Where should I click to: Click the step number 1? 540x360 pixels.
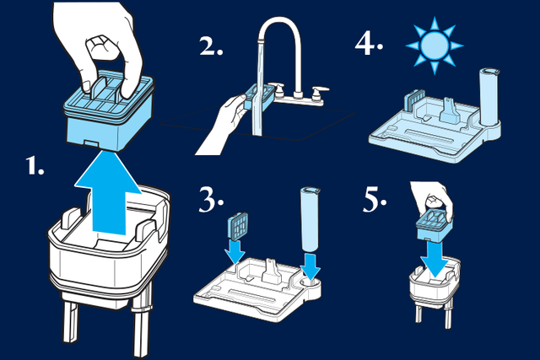(x=35, y=165)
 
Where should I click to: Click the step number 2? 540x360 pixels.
(x=211, y=46)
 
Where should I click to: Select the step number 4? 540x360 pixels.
(x=369, y=45)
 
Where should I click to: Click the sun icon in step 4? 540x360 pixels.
(x=435, y=45)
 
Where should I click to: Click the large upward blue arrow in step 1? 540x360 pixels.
(x=109, y=193)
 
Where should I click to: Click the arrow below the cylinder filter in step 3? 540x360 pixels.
(x=310, y=266)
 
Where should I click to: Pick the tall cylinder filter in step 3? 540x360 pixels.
(x=310, y=219)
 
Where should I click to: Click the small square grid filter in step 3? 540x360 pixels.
(x=238, y=225)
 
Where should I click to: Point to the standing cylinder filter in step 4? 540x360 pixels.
(x=489, y=97)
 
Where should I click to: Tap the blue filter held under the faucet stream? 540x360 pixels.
(x=260, y=97)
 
